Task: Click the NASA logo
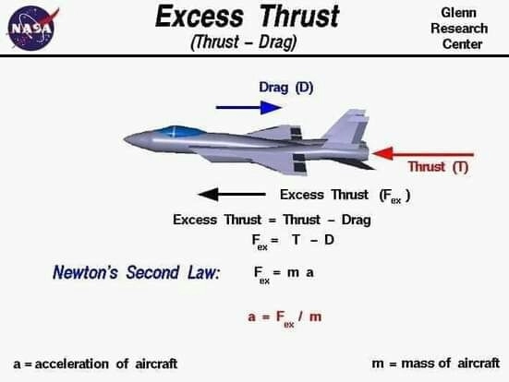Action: point(32,29)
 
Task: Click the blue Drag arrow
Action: point(249,107)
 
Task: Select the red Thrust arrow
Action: point(423,154)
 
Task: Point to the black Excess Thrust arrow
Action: point(232,195)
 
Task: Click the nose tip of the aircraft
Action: point(125,139)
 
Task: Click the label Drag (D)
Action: point(286,88)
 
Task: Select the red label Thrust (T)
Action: point(438,167)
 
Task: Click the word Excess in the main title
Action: point(200,17)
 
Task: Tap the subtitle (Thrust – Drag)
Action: point(244,42)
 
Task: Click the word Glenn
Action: point(459,13)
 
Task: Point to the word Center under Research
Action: point(462,44)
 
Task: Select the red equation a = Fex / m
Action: point(285,317)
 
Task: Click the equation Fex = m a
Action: point(284,274)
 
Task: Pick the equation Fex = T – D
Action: point(293,242)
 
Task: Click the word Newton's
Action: point(85,272)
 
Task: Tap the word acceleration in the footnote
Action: point(71,364)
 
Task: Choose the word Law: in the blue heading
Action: point(204,272)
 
